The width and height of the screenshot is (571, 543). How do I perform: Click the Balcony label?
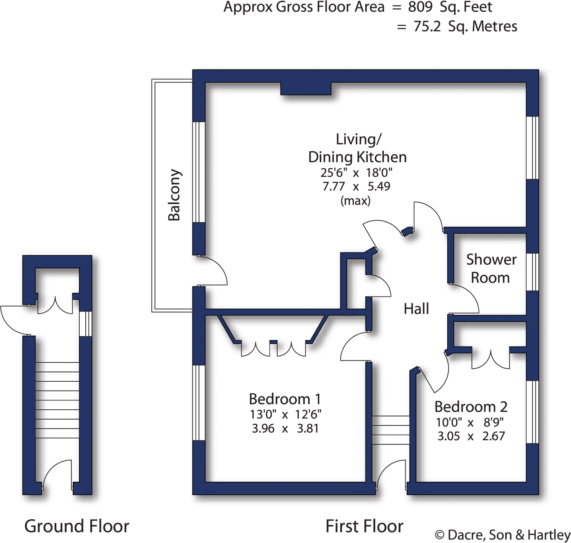[174, 195]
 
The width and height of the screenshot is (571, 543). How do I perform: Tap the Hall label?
[416, 308]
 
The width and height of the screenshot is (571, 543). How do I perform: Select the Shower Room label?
[491, 268]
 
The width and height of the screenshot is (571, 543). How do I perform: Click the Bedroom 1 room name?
[285, 399]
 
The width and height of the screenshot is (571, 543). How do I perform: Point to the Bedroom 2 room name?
[471, 407]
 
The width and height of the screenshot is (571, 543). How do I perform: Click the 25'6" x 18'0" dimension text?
[356, 173]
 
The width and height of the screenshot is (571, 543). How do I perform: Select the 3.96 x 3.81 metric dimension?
[285, 428]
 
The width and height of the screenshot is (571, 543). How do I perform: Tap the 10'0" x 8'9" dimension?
[470, 422]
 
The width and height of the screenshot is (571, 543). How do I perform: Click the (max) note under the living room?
[355, 200]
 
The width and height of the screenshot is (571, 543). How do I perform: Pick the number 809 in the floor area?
[420, 7]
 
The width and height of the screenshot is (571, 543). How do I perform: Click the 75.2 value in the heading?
[427, 26]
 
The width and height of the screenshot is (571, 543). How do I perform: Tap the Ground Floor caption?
[77, 526]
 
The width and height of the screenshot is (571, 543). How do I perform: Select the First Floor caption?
[364, 526]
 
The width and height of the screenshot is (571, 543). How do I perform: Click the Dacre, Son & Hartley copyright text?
[502, 535]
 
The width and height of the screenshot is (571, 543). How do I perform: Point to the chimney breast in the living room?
[306, 89]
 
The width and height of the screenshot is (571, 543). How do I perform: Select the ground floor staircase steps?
[57, 400]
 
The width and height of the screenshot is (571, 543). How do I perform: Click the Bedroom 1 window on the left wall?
[198, 402]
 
